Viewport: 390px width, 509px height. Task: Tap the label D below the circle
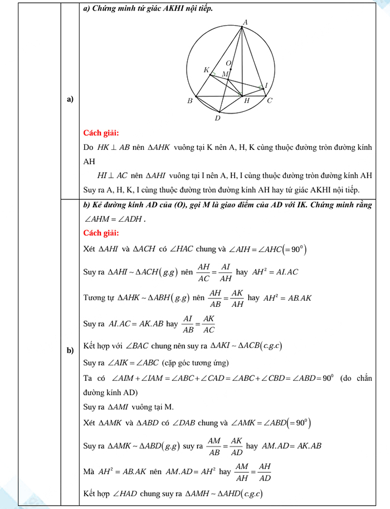217,118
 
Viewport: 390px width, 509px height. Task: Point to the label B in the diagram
190,101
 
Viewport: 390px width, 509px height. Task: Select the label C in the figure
270,101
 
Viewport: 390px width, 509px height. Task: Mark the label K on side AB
207,70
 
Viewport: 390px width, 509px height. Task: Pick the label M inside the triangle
225,74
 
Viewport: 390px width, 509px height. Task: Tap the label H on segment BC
246,101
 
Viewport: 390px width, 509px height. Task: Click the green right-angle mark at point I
260,87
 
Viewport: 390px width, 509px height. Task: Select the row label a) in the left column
70,100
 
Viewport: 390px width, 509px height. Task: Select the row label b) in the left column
70,350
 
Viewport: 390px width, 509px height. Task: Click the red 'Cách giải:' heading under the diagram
101,133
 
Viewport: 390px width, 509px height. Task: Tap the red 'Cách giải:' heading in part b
101,232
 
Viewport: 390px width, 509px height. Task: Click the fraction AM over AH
241,471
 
